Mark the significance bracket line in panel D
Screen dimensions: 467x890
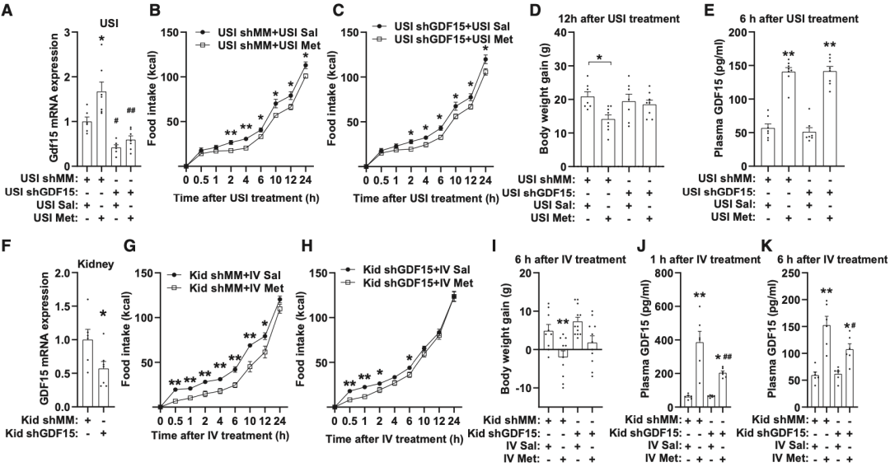[598, 61]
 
